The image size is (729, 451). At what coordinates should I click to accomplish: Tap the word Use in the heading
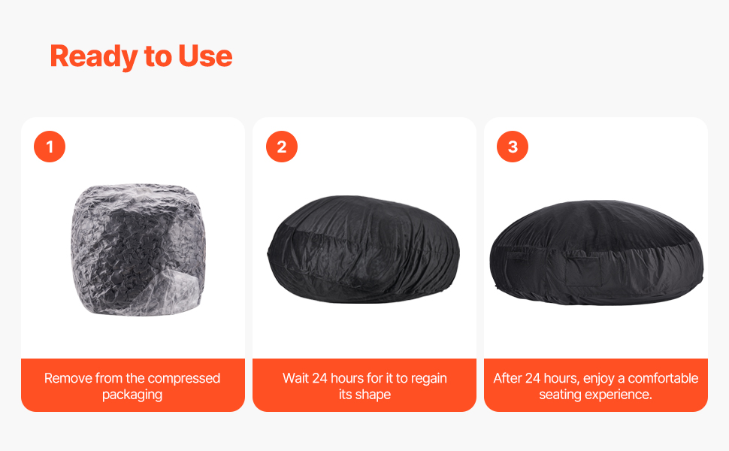[205, 56]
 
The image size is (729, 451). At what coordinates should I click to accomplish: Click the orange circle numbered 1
[50, 147]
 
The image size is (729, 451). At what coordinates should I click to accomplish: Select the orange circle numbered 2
[282, 147]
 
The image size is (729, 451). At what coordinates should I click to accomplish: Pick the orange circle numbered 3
[513, 147]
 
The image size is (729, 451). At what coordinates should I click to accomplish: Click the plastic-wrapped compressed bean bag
[138, 250]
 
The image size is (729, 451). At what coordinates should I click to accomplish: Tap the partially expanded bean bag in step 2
[364, 250]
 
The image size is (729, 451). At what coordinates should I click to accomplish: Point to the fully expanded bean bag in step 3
[597, 253]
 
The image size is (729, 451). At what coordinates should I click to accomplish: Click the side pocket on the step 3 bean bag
[584, 271]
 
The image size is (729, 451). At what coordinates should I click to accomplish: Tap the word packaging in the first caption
[132, 395]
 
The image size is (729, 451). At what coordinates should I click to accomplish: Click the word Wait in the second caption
[295, 378]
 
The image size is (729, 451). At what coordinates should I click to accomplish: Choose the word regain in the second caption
[428, 379]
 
